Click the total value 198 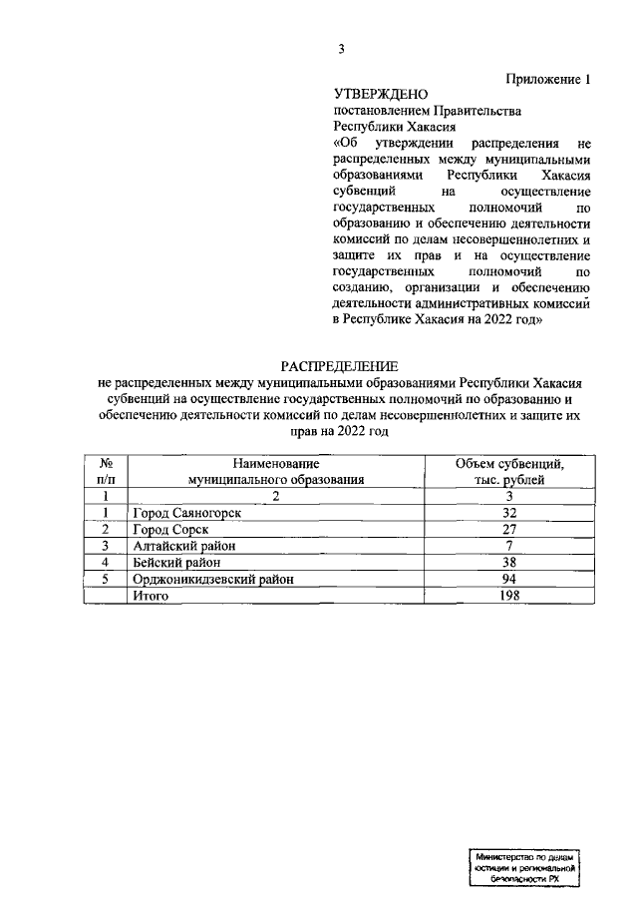click(509, 595)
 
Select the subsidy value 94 click(509, 579)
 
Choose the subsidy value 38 click(509, 562)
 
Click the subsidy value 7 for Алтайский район click(509, 546)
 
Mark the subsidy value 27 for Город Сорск click(509, 529)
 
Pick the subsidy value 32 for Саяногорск click(509, 513)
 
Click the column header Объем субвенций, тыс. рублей click(509, 471)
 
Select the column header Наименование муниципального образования click(276, 471)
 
